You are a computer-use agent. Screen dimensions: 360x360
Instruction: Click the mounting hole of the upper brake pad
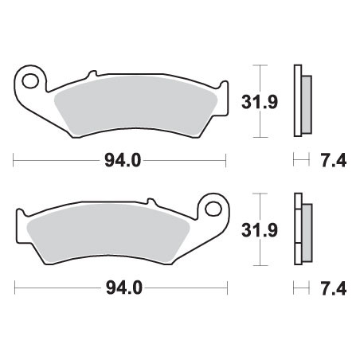point(30,81)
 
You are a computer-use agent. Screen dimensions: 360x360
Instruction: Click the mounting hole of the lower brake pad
point(213,209)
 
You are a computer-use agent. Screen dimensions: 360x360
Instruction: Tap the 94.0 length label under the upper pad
point(123,161)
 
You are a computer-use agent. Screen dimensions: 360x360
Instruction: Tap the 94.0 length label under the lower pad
point(124,288)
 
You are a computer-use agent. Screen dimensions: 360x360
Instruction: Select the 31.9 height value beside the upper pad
point(260,102)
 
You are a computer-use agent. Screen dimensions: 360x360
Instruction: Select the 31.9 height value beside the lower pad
point(260,230)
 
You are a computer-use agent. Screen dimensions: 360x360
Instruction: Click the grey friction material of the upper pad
point(135,106)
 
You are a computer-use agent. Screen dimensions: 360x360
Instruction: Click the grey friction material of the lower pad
point(108,233)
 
